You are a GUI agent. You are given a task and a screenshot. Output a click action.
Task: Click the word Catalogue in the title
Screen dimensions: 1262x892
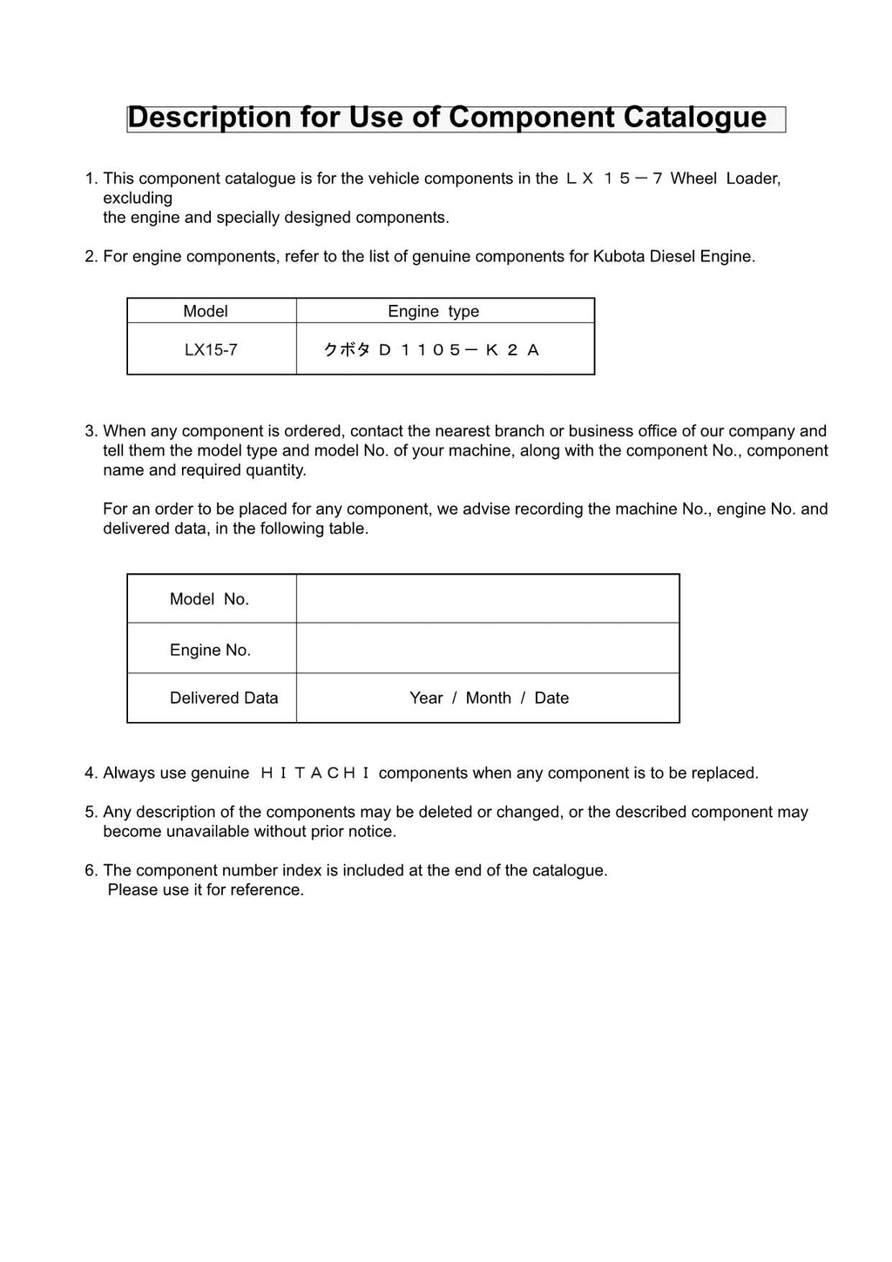pyautogui.click(x=694, y=118)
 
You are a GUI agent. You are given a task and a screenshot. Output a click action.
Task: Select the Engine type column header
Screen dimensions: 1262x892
pyautogui.click(x=433, y=311)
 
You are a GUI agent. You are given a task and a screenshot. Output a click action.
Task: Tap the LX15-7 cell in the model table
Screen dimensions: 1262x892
pyautogui.click(x=211, y=350)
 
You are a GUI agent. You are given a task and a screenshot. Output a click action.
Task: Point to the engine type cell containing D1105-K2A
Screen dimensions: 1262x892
pyautogui.click(x=432, y=350)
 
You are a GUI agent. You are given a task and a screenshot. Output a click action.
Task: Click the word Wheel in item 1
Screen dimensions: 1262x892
pyautogui.click(x=693, y=179)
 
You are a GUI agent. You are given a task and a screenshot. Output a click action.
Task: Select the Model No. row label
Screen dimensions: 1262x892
pyautogui.click(x=209, y=599)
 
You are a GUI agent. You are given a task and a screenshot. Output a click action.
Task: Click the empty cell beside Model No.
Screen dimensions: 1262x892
pyautogui.click(x=487, y=599)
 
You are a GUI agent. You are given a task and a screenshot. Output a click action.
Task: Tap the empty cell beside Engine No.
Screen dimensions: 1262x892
pyautogui.click(x=487, y=649)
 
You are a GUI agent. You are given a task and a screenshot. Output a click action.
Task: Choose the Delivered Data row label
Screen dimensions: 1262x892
pyautogui.click(x=224, y=698)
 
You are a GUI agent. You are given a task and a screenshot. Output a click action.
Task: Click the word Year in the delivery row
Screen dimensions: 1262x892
pyautogui.click(x=426, y=698)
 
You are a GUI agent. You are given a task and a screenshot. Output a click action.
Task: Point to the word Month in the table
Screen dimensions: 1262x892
pyautogui.click(x=488, y=698)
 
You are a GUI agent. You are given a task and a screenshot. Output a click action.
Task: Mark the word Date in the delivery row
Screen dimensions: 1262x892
pyautogui.click(x=551, y=698)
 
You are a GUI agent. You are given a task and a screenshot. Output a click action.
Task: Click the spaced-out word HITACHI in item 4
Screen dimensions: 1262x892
pyautogui.click(x=314, y=773)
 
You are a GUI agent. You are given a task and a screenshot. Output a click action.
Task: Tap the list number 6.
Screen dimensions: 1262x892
pyautogui.click(x=90, y=870)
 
